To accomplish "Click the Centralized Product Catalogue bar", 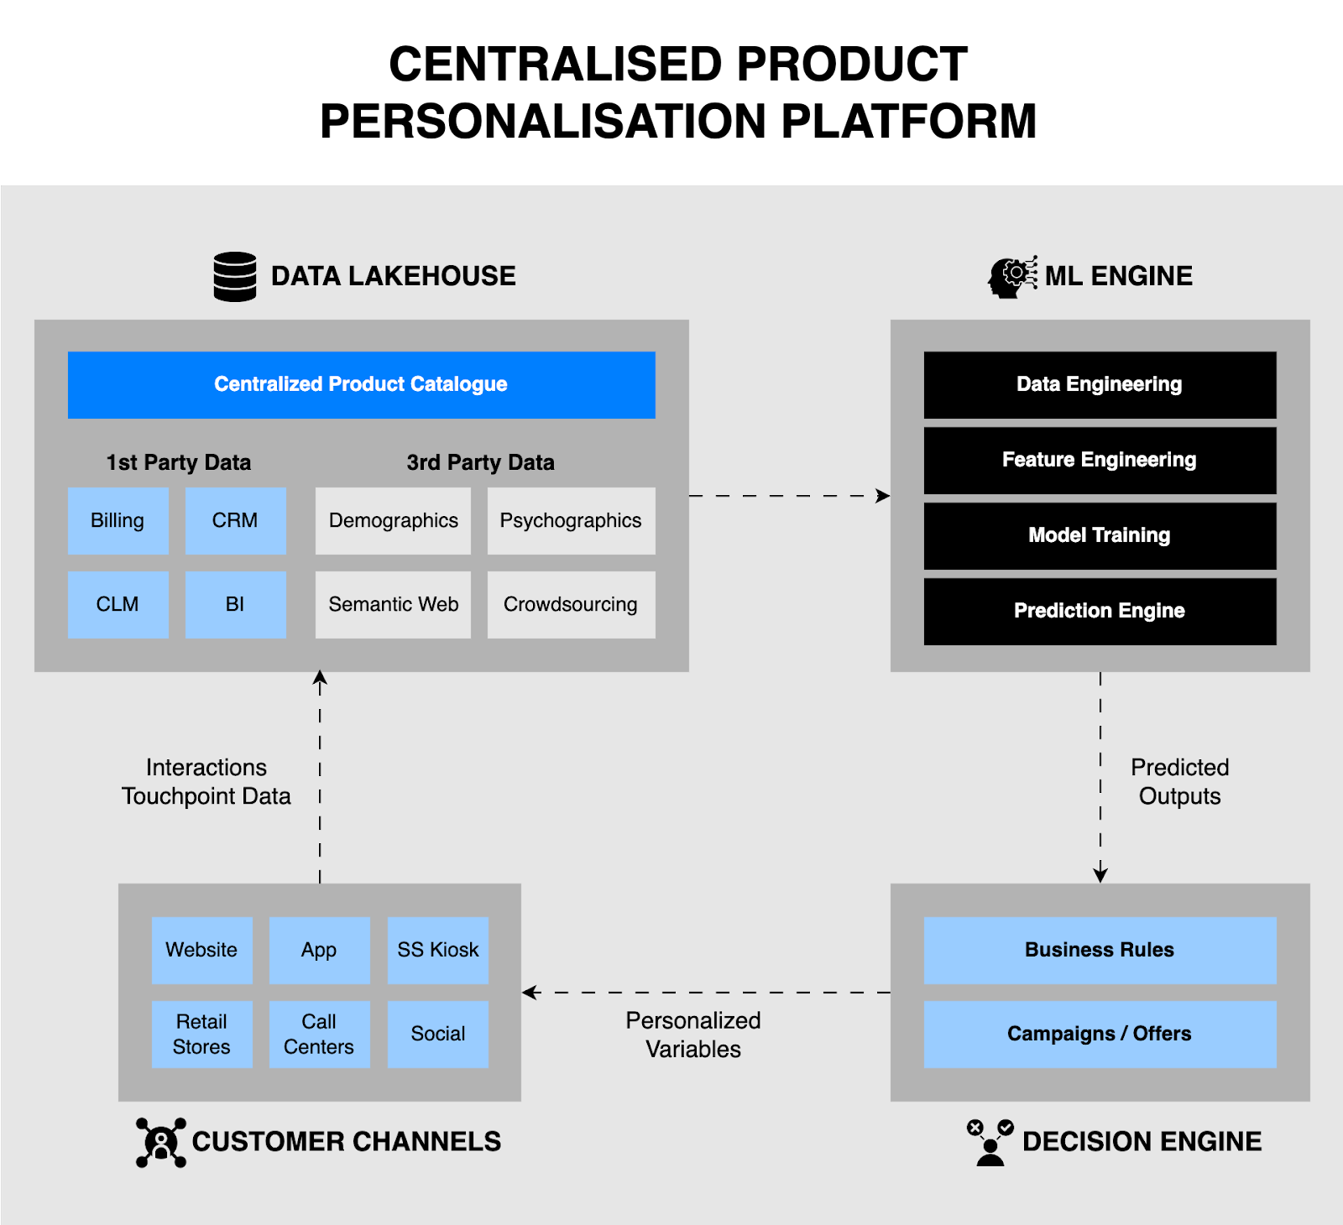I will click(361, 384).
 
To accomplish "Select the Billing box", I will click(118, 520).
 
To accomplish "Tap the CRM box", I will click(235, 520).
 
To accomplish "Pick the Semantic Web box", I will click(393, 604).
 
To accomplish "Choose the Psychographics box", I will click(571, 520).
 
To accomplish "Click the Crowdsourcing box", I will click(571, 604).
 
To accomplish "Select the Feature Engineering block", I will click(1100, 460).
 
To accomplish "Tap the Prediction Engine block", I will click(1100, 611).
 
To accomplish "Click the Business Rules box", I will click(1100, 950).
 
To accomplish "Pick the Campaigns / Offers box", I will click(1100, 1034).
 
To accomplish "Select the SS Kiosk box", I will click(437, 950).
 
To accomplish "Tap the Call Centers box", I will click(319, 1034).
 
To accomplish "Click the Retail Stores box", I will click(201, 1034).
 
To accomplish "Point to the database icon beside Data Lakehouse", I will click(235, 276).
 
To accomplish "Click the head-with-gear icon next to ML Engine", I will click(1011, 277).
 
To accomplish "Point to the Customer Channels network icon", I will click(161, 1142).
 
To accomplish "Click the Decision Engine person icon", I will click(990, 1143).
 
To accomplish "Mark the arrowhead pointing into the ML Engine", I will click(883, 496).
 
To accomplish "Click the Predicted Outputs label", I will click(1179, 781).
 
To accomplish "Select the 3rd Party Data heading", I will click(480, 462).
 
